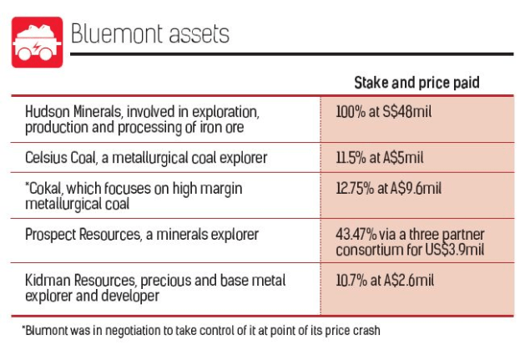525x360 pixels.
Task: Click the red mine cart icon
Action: [37, 43]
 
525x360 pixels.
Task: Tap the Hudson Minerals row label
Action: [143, 119]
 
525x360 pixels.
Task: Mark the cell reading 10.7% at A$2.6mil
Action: [384, 281]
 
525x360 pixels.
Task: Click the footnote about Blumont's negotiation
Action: [200, 330]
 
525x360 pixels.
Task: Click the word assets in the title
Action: [199, 35]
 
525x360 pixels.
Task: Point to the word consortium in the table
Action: [367, 250]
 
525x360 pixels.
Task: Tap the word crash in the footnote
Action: [365, 330]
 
